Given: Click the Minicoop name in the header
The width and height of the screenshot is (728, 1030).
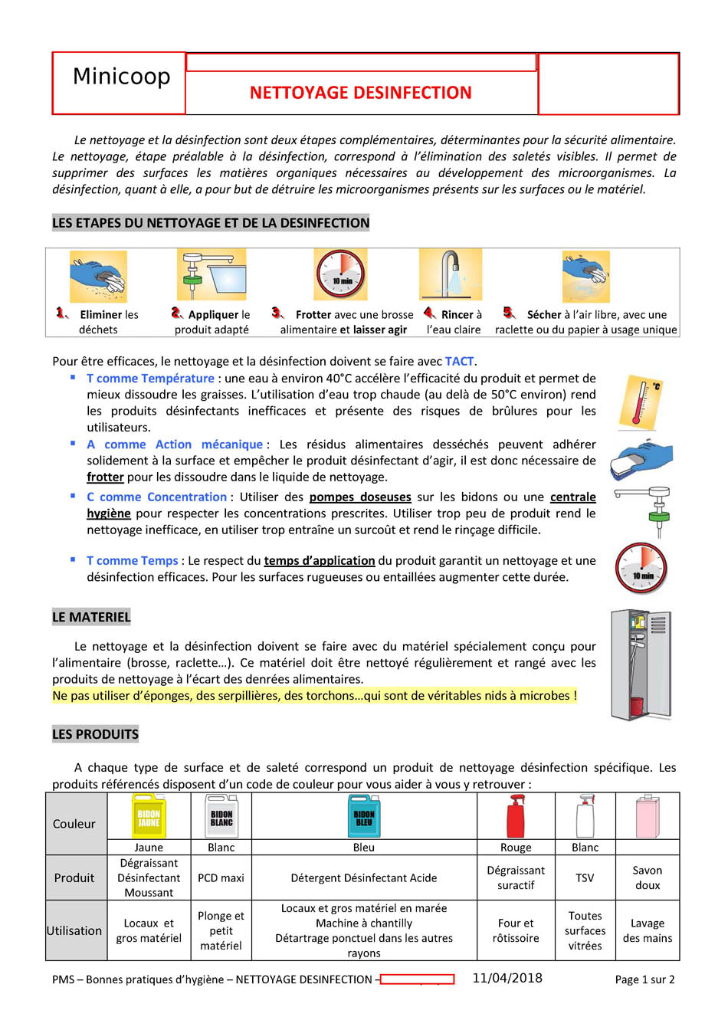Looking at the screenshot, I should pyautogui.click(x=121, y=77).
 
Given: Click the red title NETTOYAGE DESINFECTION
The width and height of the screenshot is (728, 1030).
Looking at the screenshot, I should pyautogui.click(x=360, y=93).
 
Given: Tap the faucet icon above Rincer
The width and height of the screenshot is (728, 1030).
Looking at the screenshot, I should pyautogui.click(x=451, y=274).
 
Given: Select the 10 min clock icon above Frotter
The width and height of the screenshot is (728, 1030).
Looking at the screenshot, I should pyautogui.click(x=340, y=274).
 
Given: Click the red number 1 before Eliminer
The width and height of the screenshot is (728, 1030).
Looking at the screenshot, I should pyautogui.click(x=61, y=313).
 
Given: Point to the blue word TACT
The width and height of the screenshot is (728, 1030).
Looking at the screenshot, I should pyautogui.click(x=459, y=361).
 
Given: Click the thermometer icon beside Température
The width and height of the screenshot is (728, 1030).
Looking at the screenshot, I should pyautogui.click(x=643, y=401).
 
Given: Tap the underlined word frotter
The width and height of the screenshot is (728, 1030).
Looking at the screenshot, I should pyautogui.click(x=105, y=477).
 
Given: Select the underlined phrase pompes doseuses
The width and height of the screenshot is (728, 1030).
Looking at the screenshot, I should pyautogui.click(x=360, y=497).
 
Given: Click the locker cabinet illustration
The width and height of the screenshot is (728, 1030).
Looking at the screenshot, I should pyautogui.click(x=641, y=664).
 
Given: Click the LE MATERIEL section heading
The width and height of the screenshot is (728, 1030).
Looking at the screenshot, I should pyautogui.click(x=91, y=617).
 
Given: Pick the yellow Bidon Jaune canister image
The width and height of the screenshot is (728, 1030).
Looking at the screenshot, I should pyautogui.click(x=149, y=816).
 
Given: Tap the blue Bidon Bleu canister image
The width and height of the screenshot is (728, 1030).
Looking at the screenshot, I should pyautogui.click(x=364, y=816).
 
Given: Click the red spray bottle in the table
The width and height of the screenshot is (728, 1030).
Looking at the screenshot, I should pyautogui.click(x=516, y=816).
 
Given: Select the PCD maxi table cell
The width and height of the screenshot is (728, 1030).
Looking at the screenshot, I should pyautogui.click(x=221, y=877).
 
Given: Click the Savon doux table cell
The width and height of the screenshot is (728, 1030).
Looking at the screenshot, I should pyautogui.click(x=647, y=877).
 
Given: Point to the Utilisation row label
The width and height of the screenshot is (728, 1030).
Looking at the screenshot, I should pyautogui.click(x=74, y=930).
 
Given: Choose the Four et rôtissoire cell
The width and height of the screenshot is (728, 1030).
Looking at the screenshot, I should pyautogui.click(x=516, y=930).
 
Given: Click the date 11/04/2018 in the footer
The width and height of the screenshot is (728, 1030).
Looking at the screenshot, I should pyautogui.click(x=507, y=978).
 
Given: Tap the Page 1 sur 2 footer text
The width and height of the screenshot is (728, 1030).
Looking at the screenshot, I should pyautogui.click(x=644, y=979).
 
